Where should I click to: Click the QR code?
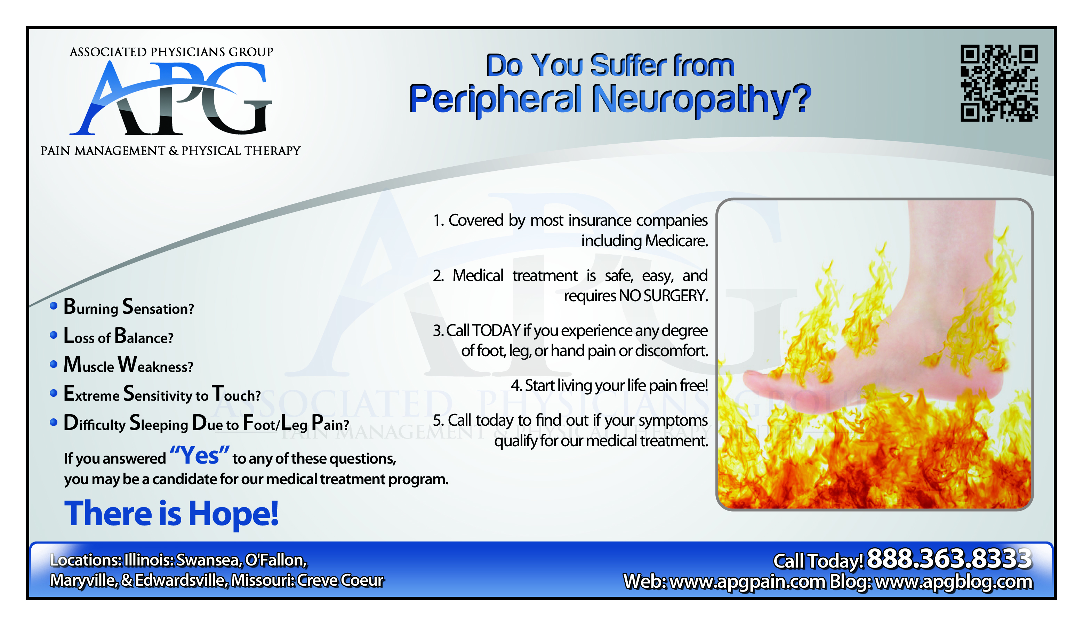(999, 83)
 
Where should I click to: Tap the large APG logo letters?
(171, 98)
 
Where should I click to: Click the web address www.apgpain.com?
(748, 581)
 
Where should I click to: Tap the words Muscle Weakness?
(128, 364)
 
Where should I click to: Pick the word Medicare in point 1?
(676, 241)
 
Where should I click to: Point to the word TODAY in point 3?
(496, 330)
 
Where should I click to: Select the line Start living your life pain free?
(609, 385)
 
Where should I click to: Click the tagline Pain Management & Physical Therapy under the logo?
(171, 151)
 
